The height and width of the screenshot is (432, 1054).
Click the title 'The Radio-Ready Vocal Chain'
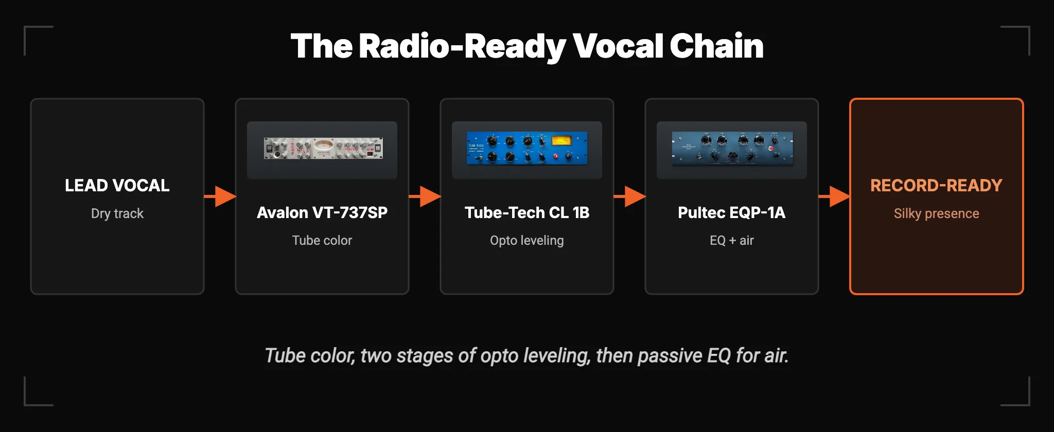tap(527, 46)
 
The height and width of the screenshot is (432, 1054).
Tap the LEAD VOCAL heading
tap(117, 186)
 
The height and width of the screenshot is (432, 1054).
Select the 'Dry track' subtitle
tap(117, 213)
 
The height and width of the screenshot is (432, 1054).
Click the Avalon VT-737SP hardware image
tap(323, 148)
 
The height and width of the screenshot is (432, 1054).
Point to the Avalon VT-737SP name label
tap(322, 212)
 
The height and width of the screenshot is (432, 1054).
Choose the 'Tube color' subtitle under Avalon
tap(322, 240)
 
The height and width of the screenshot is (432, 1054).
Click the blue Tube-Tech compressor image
tap(527, 148)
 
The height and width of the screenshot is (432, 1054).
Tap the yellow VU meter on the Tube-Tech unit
tap(561, 140)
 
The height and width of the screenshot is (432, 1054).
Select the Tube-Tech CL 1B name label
tap(527, 212)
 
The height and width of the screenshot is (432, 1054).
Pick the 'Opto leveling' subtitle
tap(527, 241)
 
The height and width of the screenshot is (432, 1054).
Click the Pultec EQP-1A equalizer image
tap(732, 148)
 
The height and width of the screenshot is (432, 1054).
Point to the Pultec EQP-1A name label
tap(732, 212)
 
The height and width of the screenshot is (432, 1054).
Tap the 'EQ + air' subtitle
tap(732, 240)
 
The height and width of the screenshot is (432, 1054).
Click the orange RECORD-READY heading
tap(937, 186)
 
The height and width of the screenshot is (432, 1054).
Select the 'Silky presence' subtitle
tap(937, 213)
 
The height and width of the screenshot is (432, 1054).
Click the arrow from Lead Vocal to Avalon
tap(220, 196)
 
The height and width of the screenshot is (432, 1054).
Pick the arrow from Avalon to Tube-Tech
tap(425, 196)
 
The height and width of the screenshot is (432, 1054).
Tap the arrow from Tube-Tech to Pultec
tap(629, 196)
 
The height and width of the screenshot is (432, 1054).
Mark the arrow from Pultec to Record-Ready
tap(834, 196)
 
